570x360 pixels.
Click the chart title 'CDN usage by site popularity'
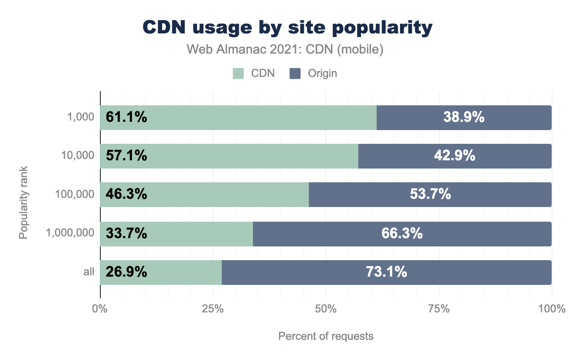pyautogui.click(x=287, y=28)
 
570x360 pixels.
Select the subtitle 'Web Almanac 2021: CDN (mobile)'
pyautogui.click(x=285, y=49)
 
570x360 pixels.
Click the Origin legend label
pyautogui.click(x=322, y=73)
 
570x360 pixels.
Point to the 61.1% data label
pyautogui.click(x=126, y=118)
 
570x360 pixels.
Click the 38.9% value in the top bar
pyautogui.click(x=464, y=118)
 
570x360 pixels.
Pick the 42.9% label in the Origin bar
pyautogui.click(x=455, y=156)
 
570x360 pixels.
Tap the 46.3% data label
pyautogui.click(x=126, y=195)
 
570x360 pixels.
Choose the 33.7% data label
pyautogui.click(x=126, y=234)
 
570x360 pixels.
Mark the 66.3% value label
pyautogui.click(x=402, y=234)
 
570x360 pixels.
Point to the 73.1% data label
pyautogui.click(x=386, y=272)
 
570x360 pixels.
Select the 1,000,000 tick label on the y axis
pyautogui.click(x=70, y=234)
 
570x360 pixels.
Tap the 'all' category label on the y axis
pyautogui.click(x=89, y=272)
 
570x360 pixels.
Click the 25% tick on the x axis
pyautogui.click(x=213, y=309)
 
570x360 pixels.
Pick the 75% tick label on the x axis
pyautogui.click(x=438, y=309)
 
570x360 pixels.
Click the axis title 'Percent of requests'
pyautogui.click(x=326, y=337)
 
